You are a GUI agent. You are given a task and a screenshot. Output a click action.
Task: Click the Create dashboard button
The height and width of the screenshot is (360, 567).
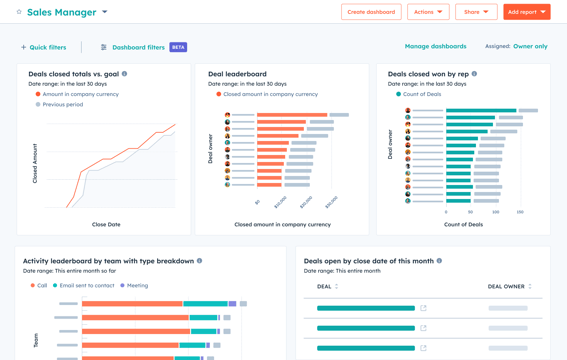click(371, 12)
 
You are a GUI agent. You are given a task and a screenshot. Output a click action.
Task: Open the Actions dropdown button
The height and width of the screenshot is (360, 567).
click(428, 12)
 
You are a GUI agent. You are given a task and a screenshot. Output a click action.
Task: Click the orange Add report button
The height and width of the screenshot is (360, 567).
click(526, 12)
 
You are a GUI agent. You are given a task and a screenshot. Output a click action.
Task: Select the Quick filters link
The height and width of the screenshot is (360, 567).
click(43, 47)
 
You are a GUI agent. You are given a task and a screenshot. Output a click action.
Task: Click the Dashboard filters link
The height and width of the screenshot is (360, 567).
click(137, 47)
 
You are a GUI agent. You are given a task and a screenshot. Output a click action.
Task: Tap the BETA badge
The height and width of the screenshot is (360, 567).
click(178, 47)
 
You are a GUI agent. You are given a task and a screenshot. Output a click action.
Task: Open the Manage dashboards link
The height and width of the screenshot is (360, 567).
click(435, 46)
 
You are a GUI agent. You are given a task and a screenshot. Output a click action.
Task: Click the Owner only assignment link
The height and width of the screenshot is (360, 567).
click(530, 46)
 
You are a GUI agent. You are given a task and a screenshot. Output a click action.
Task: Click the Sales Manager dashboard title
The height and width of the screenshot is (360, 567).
click(61, 12)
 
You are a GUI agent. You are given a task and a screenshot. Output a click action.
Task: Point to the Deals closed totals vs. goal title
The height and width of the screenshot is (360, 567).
click(69, 74)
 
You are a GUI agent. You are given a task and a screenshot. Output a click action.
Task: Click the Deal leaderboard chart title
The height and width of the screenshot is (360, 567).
click(237, 74)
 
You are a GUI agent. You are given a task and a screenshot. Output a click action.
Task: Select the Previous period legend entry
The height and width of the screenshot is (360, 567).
click(62, 104)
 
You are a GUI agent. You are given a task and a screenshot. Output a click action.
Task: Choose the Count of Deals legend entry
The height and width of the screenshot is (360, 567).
click(421, 94)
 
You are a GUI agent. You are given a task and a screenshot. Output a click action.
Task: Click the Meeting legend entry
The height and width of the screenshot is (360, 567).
click(137, 285)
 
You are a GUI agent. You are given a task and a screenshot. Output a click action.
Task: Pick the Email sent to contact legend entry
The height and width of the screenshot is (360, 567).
click(87, 285)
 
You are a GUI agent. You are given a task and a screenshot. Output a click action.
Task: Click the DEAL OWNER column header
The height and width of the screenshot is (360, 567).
click(507, 286)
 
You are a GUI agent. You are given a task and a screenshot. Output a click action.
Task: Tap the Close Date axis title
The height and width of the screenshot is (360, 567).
click(106, 224)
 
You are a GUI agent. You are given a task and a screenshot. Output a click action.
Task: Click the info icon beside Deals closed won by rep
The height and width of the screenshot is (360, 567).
click(474, 74)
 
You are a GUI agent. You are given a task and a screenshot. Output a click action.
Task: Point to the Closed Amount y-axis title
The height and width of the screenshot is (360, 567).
click(35, 163)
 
